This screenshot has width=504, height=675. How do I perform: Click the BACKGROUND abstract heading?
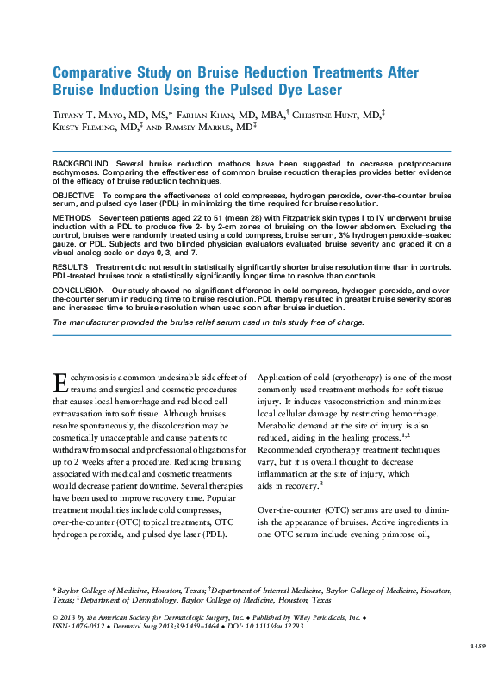click(80, 164)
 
